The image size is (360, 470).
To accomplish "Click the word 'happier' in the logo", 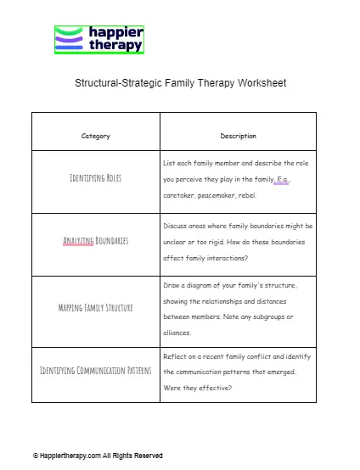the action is [115, 32].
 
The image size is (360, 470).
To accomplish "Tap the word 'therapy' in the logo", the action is [115, 46].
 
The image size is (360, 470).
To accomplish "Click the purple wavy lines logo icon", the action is [70, 39].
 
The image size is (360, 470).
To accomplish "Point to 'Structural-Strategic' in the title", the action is [117, 83].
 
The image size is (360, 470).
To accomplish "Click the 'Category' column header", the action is [95, 136].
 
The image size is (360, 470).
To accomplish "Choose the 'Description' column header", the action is [238, 136].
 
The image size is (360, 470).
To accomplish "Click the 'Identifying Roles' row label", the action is [95, 179].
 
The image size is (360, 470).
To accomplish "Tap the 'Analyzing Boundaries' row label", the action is [95, 241].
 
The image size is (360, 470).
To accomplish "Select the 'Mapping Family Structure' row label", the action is [95, 307].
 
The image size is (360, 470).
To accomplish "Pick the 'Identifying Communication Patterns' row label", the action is [95, 371].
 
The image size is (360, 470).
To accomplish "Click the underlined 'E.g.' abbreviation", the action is [282, 179].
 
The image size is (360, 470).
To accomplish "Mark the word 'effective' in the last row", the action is [213, 388].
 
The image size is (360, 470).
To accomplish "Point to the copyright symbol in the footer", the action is [36, 456].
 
